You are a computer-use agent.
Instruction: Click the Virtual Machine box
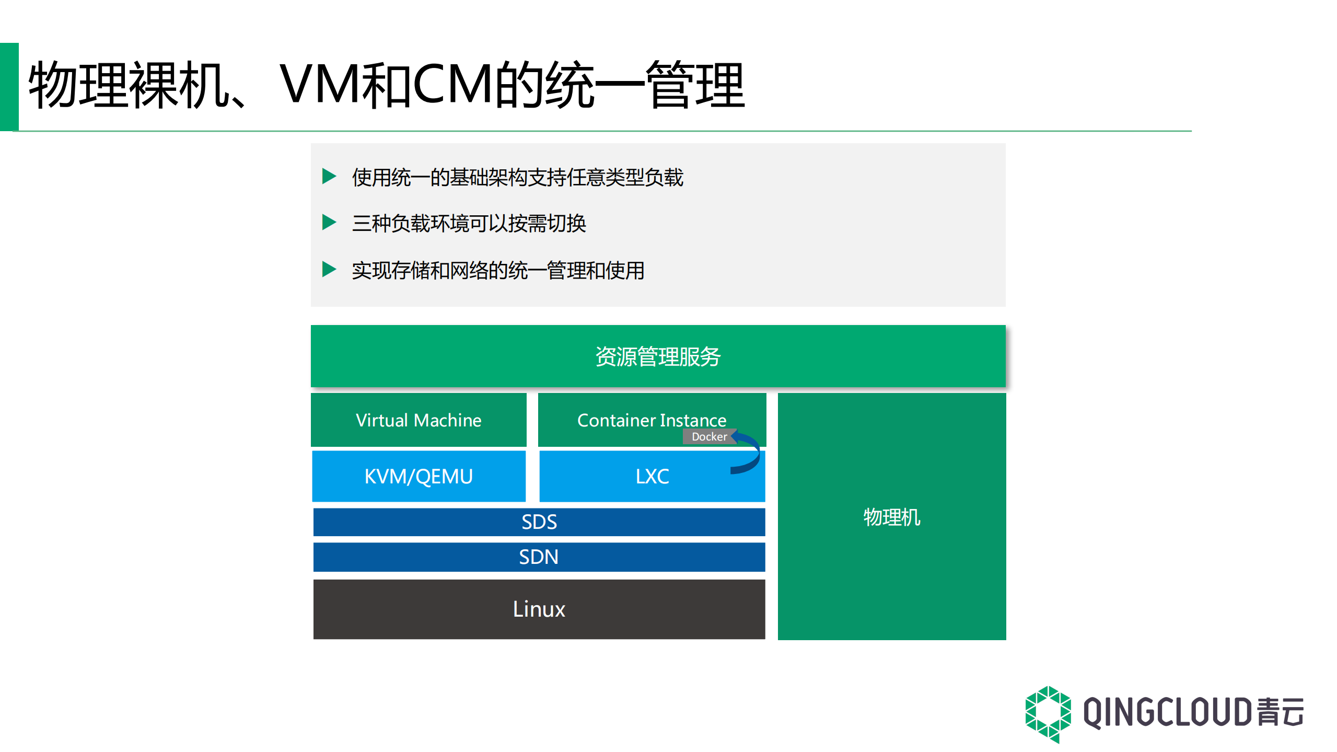[418, 420]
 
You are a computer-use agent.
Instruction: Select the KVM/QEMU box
[418, 476]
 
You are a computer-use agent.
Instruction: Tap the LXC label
[652, 476]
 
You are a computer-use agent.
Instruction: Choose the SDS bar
[539, 522]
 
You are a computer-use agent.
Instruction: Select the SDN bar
[539, 557]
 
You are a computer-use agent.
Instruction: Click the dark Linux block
[539, 609]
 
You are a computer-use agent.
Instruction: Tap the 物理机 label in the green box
[891, 517]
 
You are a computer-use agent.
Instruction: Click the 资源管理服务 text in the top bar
[658, 357]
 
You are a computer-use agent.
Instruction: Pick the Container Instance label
[652, 420]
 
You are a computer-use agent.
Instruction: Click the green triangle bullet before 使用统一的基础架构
[329, 176]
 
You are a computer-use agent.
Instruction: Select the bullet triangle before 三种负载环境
[329, 222]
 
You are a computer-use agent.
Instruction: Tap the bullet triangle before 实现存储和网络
[329, 270]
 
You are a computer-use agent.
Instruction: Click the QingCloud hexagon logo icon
[1048, 714]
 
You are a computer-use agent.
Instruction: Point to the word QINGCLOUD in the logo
[1166, 713]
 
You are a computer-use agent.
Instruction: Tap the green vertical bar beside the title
[9, 87]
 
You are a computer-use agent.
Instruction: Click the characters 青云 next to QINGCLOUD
[1280, 713]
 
